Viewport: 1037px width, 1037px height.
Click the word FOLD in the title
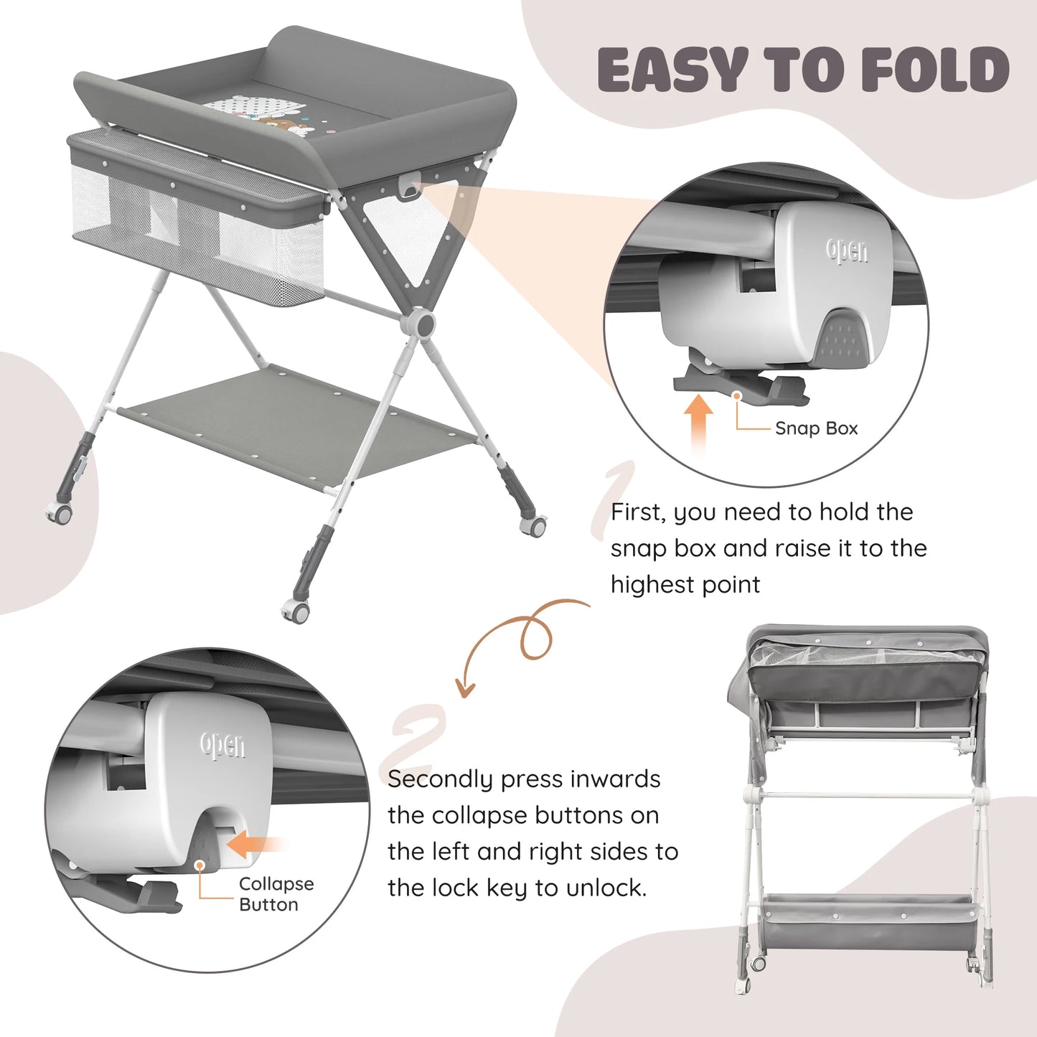pyautogui.click(x=935, y=70)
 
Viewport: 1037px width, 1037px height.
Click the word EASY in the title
pyautogui.click(x=673, y=70)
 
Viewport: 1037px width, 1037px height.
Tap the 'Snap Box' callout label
pyautogui.click(x=817, y=428)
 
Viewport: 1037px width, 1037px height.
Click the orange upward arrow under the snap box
pyautogui.click(x=698, y=425)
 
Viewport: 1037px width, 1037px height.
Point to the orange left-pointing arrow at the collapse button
pyautogui.click(x=257, y=843)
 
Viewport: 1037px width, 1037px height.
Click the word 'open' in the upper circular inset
pyautogui.click(x=847, y=250)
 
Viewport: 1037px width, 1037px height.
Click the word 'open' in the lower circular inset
pyautogui.click(x=222, y=746)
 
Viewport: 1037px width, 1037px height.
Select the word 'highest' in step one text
pyautogui.click(x=651, y=585)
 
